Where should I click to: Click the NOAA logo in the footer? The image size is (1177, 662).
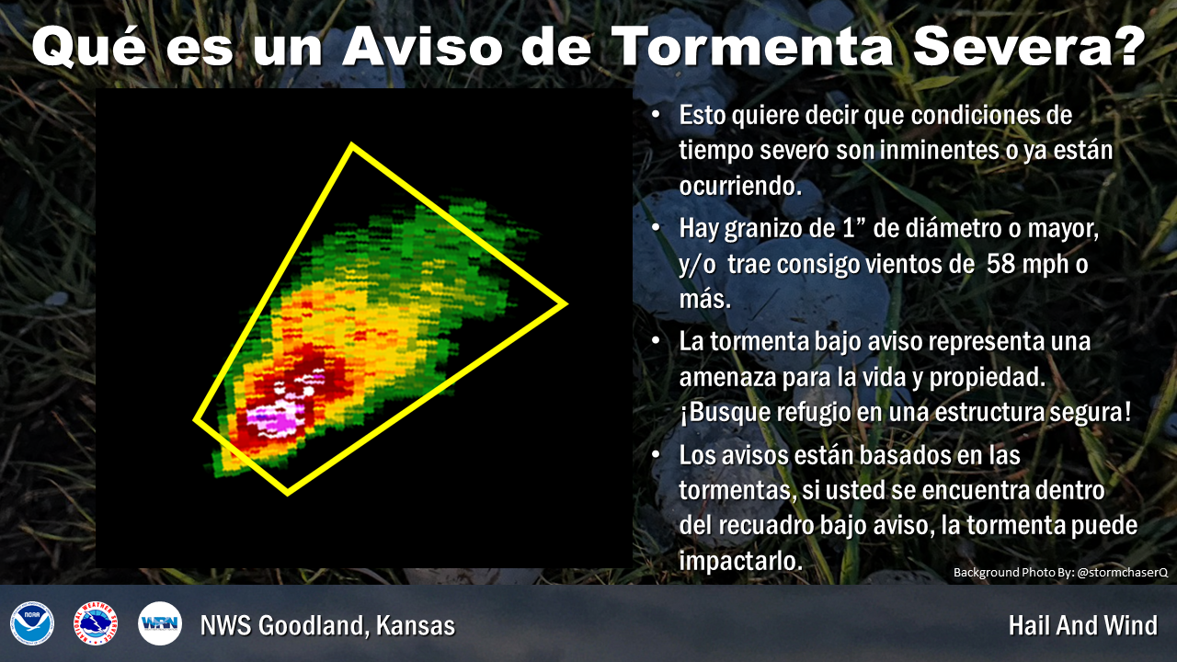point(32,623)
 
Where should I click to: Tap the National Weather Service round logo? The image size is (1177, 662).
point(96,623)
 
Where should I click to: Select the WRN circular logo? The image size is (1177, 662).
point(160,623)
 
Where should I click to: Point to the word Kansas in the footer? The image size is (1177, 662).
point(416,625)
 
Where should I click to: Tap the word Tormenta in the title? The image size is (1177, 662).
point(752,46)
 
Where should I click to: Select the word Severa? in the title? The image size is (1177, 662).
point(1029,46)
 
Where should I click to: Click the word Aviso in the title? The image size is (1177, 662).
point(422,46)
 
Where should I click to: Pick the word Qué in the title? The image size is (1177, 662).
point(89,46)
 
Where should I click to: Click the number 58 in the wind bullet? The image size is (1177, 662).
point(1000,264)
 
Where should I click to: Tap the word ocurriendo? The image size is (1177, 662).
point(740,186)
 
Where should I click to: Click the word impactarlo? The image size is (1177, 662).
point(741,560)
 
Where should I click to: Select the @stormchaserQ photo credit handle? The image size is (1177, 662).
point(1123,572)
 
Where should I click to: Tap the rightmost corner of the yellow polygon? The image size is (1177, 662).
point(566,303)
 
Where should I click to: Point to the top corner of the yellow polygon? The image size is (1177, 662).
point(351,144)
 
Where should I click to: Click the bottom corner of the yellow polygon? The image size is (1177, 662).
point(288,493)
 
